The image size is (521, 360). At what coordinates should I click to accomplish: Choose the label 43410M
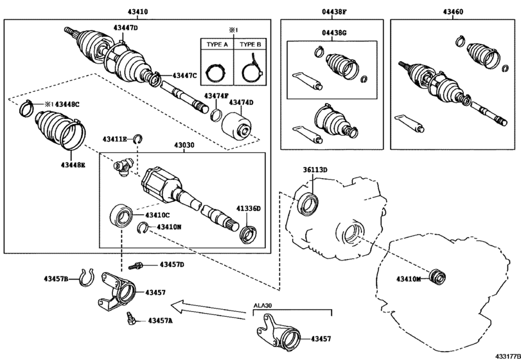409,278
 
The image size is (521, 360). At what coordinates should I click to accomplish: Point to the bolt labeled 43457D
137,264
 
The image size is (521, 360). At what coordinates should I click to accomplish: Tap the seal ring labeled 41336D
247,233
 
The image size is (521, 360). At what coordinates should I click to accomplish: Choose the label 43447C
186,75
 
